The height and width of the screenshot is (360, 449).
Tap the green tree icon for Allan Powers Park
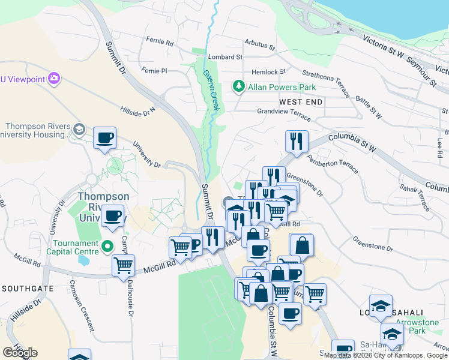(239, 87)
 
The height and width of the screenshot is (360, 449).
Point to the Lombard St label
(225, 57)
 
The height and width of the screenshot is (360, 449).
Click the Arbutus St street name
(259, 46)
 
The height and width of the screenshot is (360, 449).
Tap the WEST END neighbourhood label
(301, 102)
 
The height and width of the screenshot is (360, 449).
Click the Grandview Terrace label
(284, 112)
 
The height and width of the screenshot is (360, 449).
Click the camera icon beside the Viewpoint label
(54, 78)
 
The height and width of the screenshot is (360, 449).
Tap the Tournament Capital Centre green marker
(107, 246)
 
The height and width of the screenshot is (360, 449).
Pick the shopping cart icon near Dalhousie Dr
(123, 265)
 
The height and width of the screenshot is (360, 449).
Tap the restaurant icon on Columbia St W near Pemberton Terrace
(297, 142)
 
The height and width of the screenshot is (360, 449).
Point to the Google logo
(20, 353)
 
